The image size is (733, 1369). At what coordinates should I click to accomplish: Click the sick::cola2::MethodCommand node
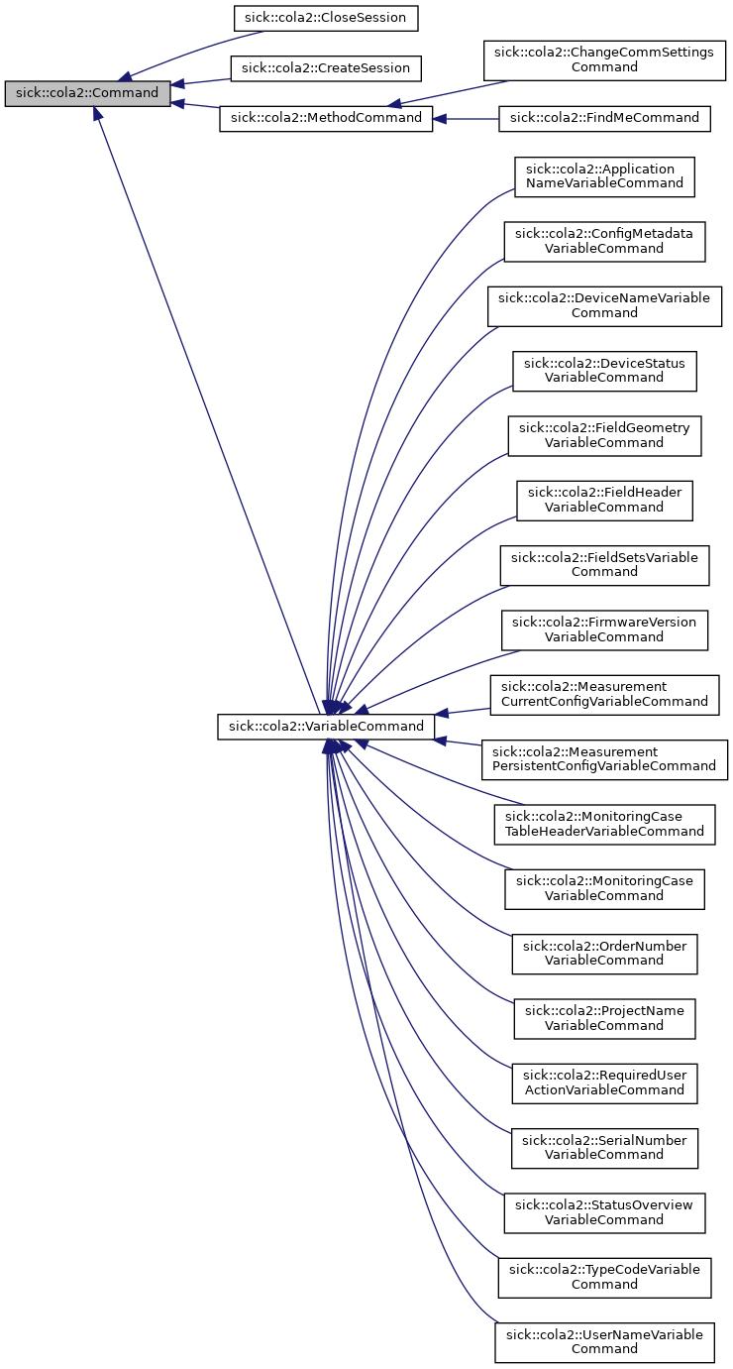pyautogui.click(x=326, y=118)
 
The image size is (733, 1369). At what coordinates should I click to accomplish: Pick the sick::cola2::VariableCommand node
pyautogui.click(x=326, y=727)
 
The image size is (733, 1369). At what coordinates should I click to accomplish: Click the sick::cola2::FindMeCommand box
pyautogui.click(x=604, y=118)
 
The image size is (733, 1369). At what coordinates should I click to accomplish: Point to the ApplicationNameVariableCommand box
pyautogui.click(x=604, y=176)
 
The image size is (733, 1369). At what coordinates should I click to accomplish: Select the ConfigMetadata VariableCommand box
pyautogui.click(x=604, y=241)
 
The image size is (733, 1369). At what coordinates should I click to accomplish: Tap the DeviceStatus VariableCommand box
pyautogui.click(x=604, y=371)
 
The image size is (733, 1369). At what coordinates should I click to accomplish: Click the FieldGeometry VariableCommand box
pyautogui.click(x=604, y=435)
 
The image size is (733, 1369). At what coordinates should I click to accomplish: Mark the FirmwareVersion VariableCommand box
pyautogui.click(x=604, y=629)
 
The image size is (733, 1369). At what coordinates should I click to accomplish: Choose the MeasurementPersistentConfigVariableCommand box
pyautogui.click(x=604, y=758)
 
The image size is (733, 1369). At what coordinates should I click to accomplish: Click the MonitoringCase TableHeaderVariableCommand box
pyautogui.click(x=604, y=824)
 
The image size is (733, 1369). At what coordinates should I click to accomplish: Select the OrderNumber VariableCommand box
pyautogui.click(x=604, y=953)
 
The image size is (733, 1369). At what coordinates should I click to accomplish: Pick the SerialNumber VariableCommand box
pyautogui.click(x=604, y=1147)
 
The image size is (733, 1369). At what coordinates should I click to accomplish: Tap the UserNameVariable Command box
pyautogui.click(x=604, y=1341)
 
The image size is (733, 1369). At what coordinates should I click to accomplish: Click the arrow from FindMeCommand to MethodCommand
pyautogui.click(x=466, y=118)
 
